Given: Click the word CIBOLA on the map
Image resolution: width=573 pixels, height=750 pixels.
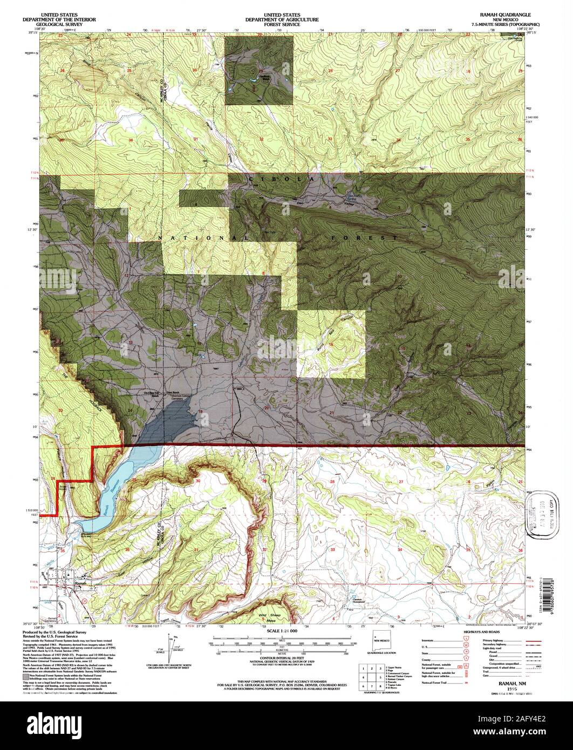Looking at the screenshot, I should (x=274, y=179).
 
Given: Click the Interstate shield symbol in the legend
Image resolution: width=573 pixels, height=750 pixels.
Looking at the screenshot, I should (x=466, y=638).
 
